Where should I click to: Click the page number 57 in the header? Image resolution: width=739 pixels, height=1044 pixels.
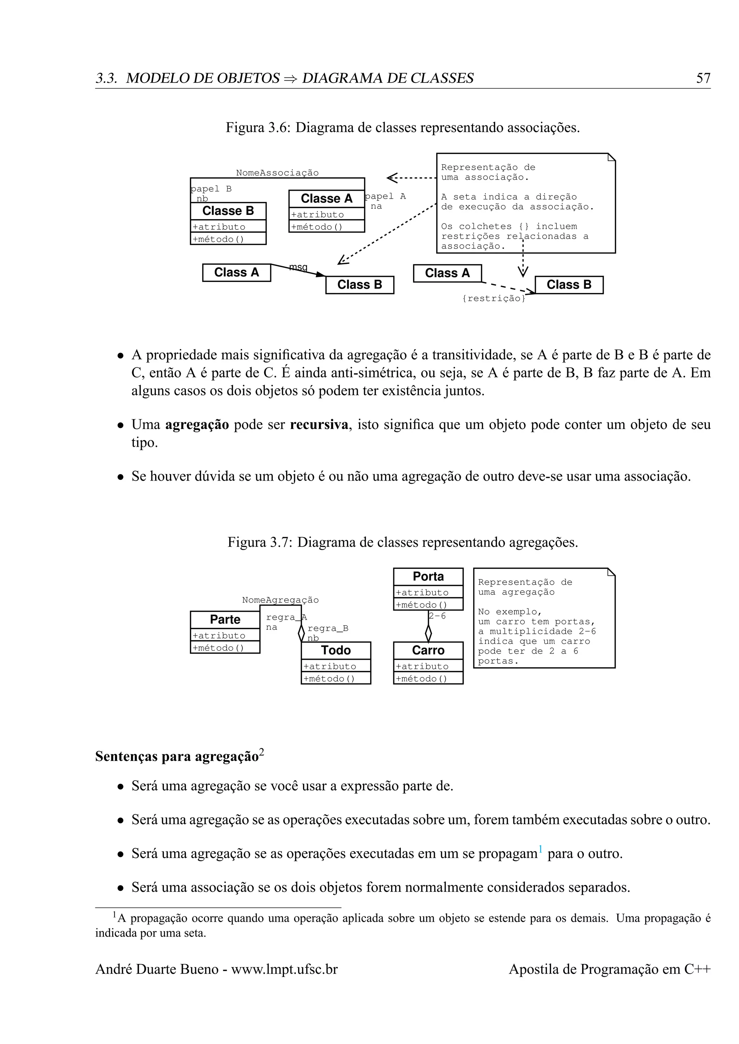703,78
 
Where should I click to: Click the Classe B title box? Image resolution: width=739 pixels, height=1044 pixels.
228,211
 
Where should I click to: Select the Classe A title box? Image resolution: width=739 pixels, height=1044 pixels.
326,199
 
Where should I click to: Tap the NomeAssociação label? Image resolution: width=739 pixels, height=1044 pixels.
277,173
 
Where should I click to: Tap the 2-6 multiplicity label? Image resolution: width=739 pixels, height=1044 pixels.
437,616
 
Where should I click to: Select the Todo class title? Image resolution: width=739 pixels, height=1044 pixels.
336,650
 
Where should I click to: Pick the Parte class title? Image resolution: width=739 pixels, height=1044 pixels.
225,619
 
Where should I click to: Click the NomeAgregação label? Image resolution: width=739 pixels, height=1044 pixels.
280,600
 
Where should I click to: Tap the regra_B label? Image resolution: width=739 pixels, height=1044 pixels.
328,628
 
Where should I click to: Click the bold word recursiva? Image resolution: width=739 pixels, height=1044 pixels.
319,425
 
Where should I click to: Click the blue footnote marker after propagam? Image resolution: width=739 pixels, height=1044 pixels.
540,849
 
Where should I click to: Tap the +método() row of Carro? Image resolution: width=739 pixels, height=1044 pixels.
421,679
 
